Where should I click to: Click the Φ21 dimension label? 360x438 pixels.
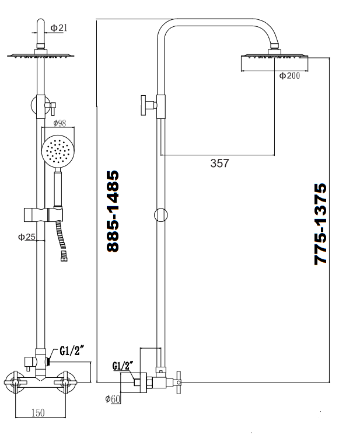[x=59, y=28]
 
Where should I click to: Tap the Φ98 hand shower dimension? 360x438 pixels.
[x=60, y=123]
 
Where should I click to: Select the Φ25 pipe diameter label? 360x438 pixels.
[x=27, y=237]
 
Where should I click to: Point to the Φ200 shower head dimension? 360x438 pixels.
[x=289, y=75]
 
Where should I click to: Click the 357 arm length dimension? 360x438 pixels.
[x=219, y=163]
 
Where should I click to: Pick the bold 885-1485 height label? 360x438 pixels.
[x=113, y=211]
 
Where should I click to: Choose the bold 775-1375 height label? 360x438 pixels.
[x=320, y=224]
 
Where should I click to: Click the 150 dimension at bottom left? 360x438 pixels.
[x=38, y=412]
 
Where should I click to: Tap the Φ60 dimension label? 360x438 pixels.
[x=113, y=399]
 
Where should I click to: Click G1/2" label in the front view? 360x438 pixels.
[x=72, y=351]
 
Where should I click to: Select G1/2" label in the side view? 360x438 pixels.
[x=123, y=366]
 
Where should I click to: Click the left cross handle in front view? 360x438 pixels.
[x=15, y=382]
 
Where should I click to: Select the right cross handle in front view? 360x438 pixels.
[x=65, y=382]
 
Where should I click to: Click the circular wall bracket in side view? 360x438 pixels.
[x=160, y=215]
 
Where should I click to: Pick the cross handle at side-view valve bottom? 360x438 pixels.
[x=179, y=382]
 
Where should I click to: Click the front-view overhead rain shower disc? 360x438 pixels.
[x=41, y=56]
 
